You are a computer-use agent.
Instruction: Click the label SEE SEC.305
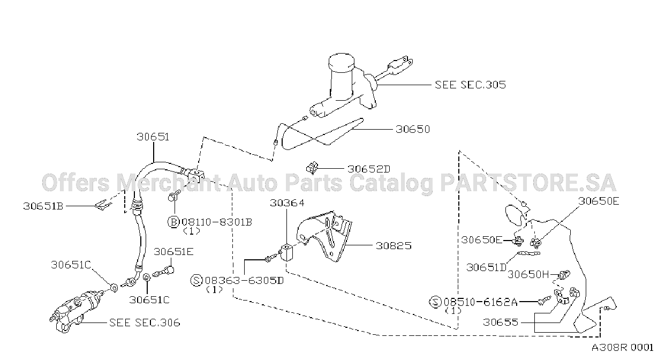pyautogui.click(x=470, y=85)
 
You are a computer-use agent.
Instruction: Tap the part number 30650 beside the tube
pyautogui.click(x=413, y=129)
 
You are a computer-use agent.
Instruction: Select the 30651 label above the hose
pyautogui.click(x=153, y=137)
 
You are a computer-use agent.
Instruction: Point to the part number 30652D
pyautogui.click(x=369, y=169)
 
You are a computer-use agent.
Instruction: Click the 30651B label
pyautogui.click(x=43, y=206)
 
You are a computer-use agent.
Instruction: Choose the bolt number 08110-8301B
pyautogui.click(x=217, y=222)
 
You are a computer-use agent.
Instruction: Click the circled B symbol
pyautogui.click(x=173, y=222)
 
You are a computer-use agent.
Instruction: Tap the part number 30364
pyautogui.click(x=288, y=203)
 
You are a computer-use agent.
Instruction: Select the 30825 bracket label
pyautogui.click(x=394, y=246)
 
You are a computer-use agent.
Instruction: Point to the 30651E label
pyautogui.click(x=173, y=252)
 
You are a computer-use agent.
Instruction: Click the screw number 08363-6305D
pyautogui.click(x=244, y=281)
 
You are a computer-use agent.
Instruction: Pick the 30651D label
pyautogui.click(x=487, y=267)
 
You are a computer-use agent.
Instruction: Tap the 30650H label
pyautogui.click(x=528, y=274)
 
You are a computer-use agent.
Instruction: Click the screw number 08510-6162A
pyautogui.click(x=481, y=302)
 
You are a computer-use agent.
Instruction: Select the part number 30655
pyautogui.click(x=501, y=322)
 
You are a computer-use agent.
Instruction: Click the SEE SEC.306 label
pyautogui.click(x=145, y=322)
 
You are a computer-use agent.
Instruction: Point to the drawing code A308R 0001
pyautogui.click(x=622, y=348)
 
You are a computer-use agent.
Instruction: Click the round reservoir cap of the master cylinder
pyautogui.click(x=342, y=62)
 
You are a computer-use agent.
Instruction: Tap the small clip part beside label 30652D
pyautogui.click(x=312, y=168)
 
